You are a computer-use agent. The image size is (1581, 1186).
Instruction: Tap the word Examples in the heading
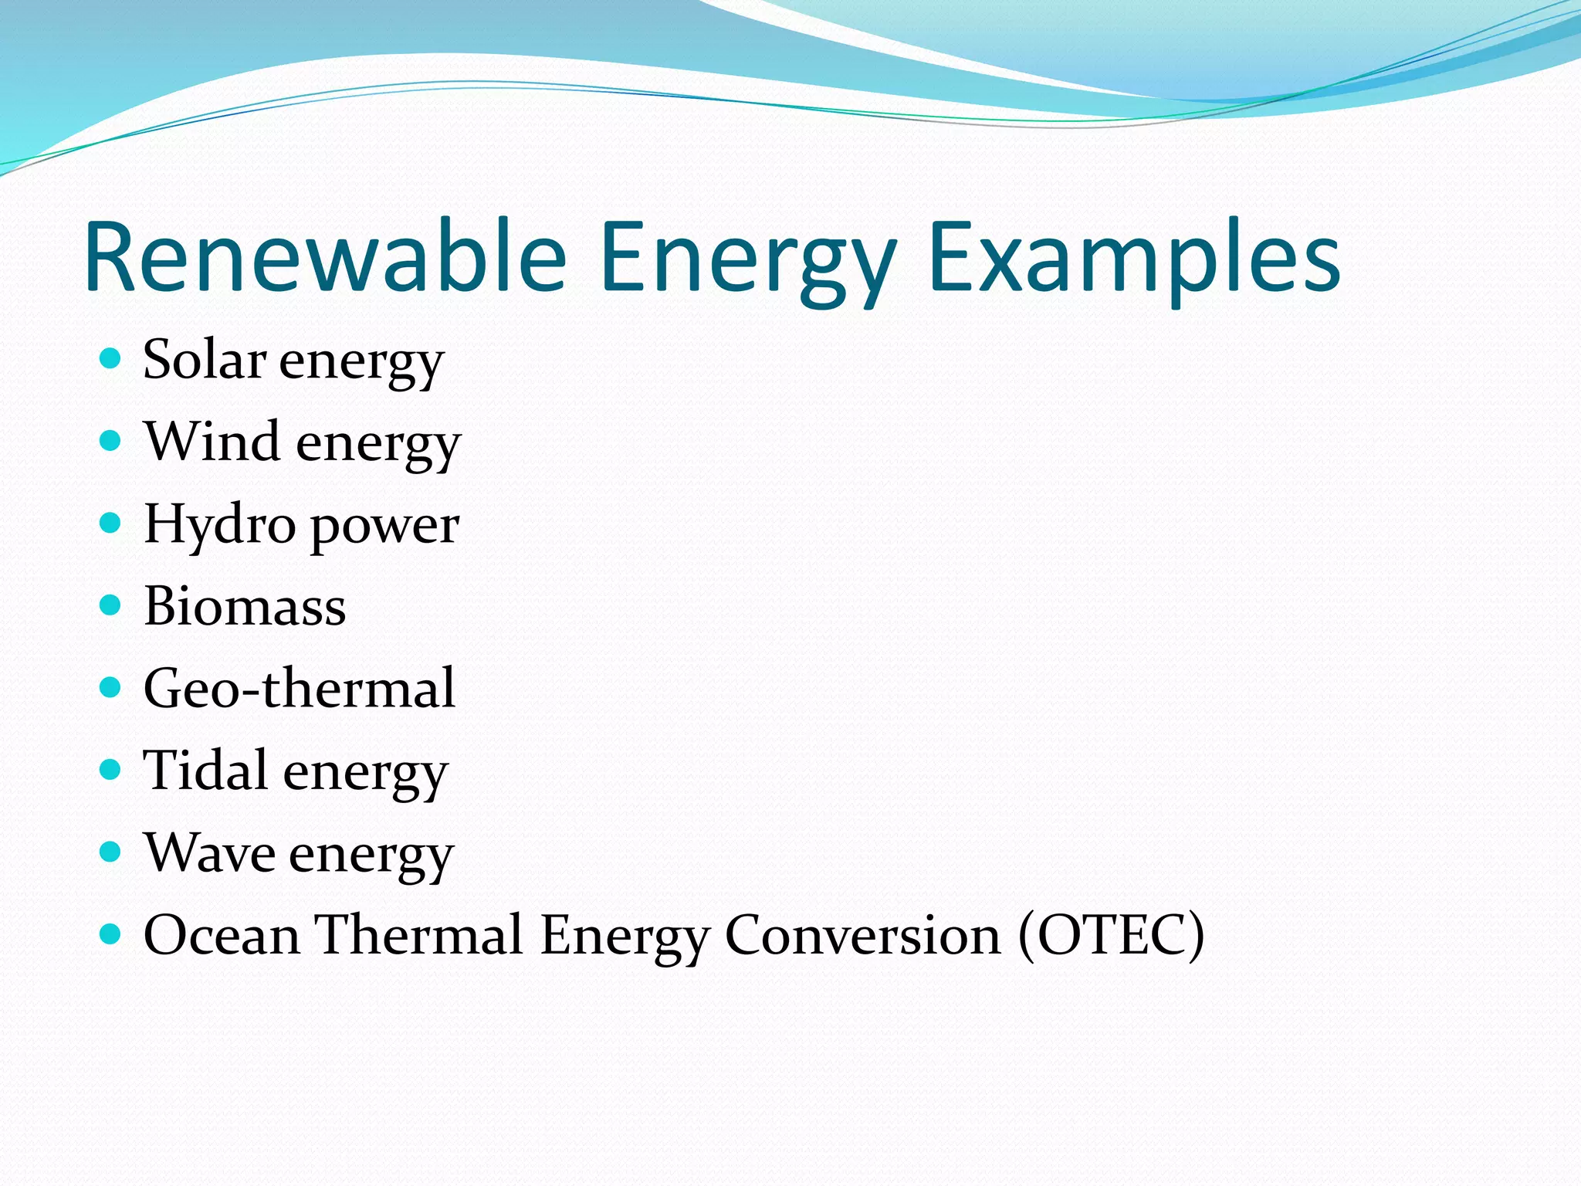[1135, 259]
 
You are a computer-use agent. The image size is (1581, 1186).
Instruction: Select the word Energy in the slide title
[747, 259]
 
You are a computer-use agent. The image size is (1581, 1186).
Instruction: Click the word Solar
[205, 360]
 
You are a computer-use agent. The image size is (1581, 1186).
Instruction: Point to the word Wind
[212, 442]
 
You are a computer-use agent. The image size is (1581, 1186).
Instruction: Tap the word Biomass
[245, 606]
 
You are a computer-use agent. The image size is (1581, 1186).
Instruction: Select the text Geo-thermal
[300, 688]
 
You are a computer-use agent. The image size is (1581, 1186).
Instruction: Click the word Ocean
[222, 935]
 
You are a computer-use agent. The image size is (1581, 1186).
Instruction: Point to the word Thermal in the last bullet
[420, 935]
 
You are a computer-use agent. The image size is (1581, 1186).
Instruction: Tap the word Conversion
[862, 935]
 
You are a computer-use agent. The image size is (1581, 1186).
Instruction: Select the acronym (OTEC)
[1111, 935]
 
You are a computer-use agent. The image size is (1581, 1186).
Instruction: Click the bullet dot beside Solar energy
[111, 358]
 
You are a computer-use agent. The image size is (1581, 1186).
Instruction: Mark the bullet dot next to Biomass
[111, 605]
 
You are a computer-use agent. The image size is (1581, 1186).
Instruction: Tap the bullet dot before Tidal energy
[111, 769]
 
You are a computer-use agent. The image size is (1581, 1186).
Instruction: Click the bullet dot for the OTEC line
[111, 934]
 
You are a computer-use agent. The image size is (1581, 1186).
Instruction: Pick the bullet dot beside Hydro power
[111, 523]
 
